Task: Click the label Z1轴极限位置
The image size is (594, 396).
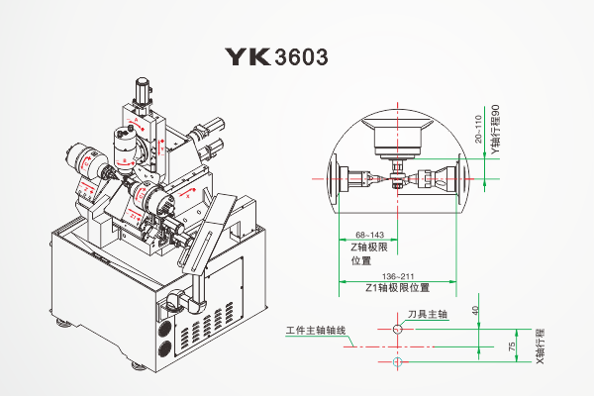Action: pos(397,288)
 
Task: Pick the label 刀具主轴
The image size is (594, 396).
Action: pos(428,314)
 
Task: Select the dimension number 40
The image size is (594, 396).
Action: pos(476,311)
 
